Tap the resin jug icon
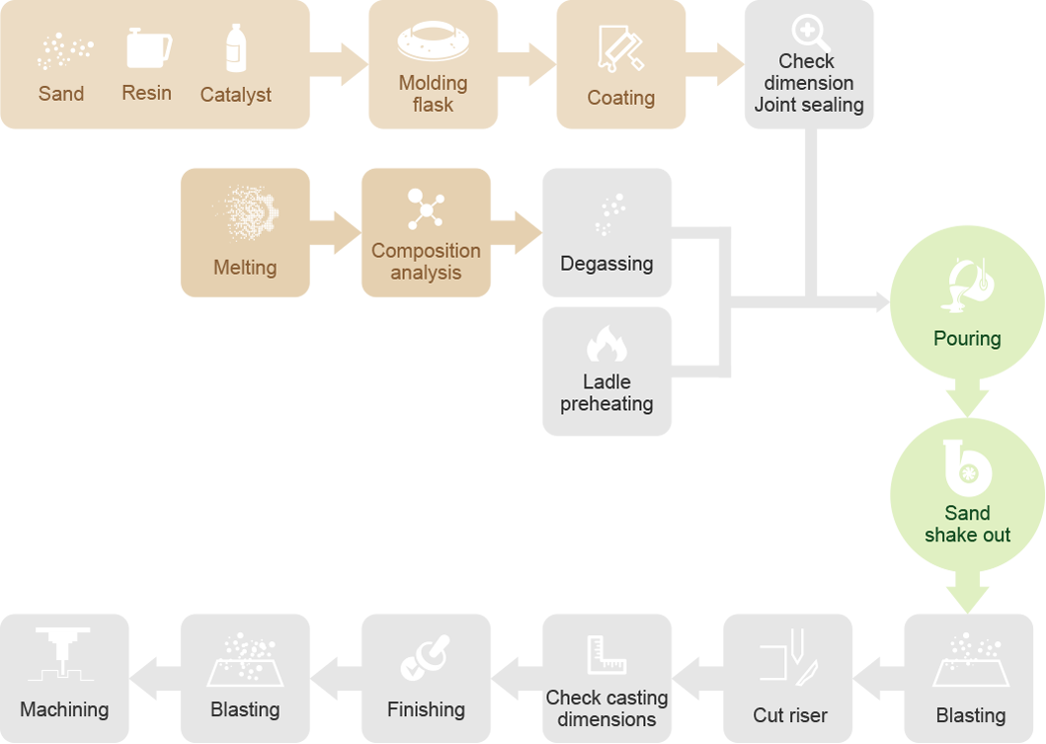click(148, 48)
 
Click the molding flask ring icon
click(434, 41)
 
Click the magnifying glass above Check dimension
click(810, 33)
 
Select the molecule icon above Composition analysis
click(426, 209)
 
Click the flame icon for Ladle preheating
click(606, 344)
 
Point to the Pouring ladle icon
click(968, 286)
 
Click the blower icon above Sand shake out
click(967, 468)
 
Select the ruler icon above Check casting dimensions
click(605, 655)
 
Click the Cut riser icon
click(790, 655)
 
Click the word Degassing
click(606, 264)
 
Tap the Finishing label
click(426, 709)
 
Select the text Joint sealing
click(809, 105)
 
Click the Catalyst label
click(235, 95)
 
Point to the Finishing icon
click(426, 657)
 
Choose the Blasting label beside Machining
click(245, 709)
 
